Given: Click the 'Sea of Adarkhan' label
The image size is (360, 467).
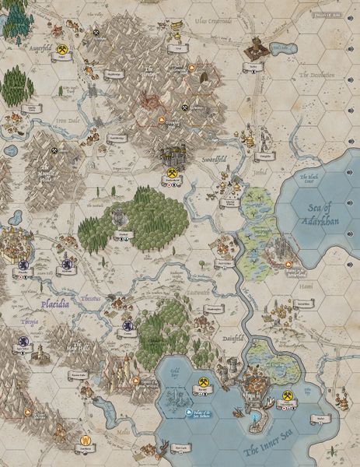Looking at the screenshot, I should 324,212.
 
